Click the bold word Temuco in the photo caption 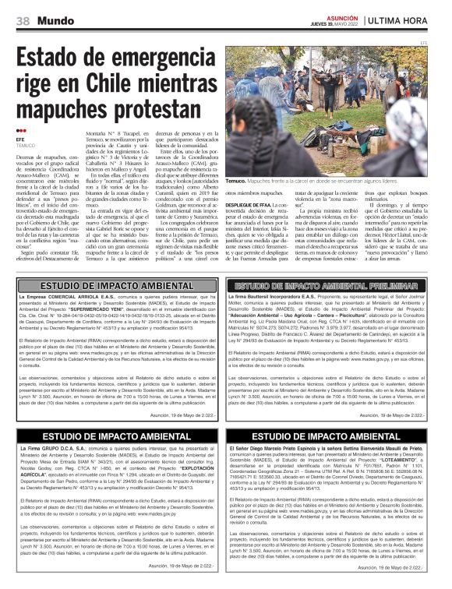pos(237,180)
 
